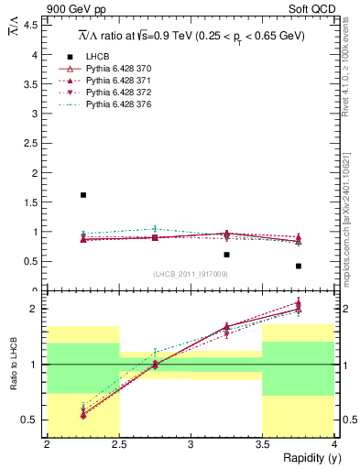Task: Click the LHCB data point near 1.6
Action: coord(83,195)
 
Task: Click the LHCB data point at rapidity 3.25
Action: coord(226,255)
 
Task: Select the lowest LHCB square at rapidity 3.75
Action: coord(299,266)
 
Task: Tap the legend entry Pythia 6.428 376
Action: coord(117,104)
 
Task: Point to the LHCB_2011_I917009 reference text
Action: coord(190,274)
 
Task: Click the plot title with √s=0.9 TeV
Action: coord(188,35)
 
